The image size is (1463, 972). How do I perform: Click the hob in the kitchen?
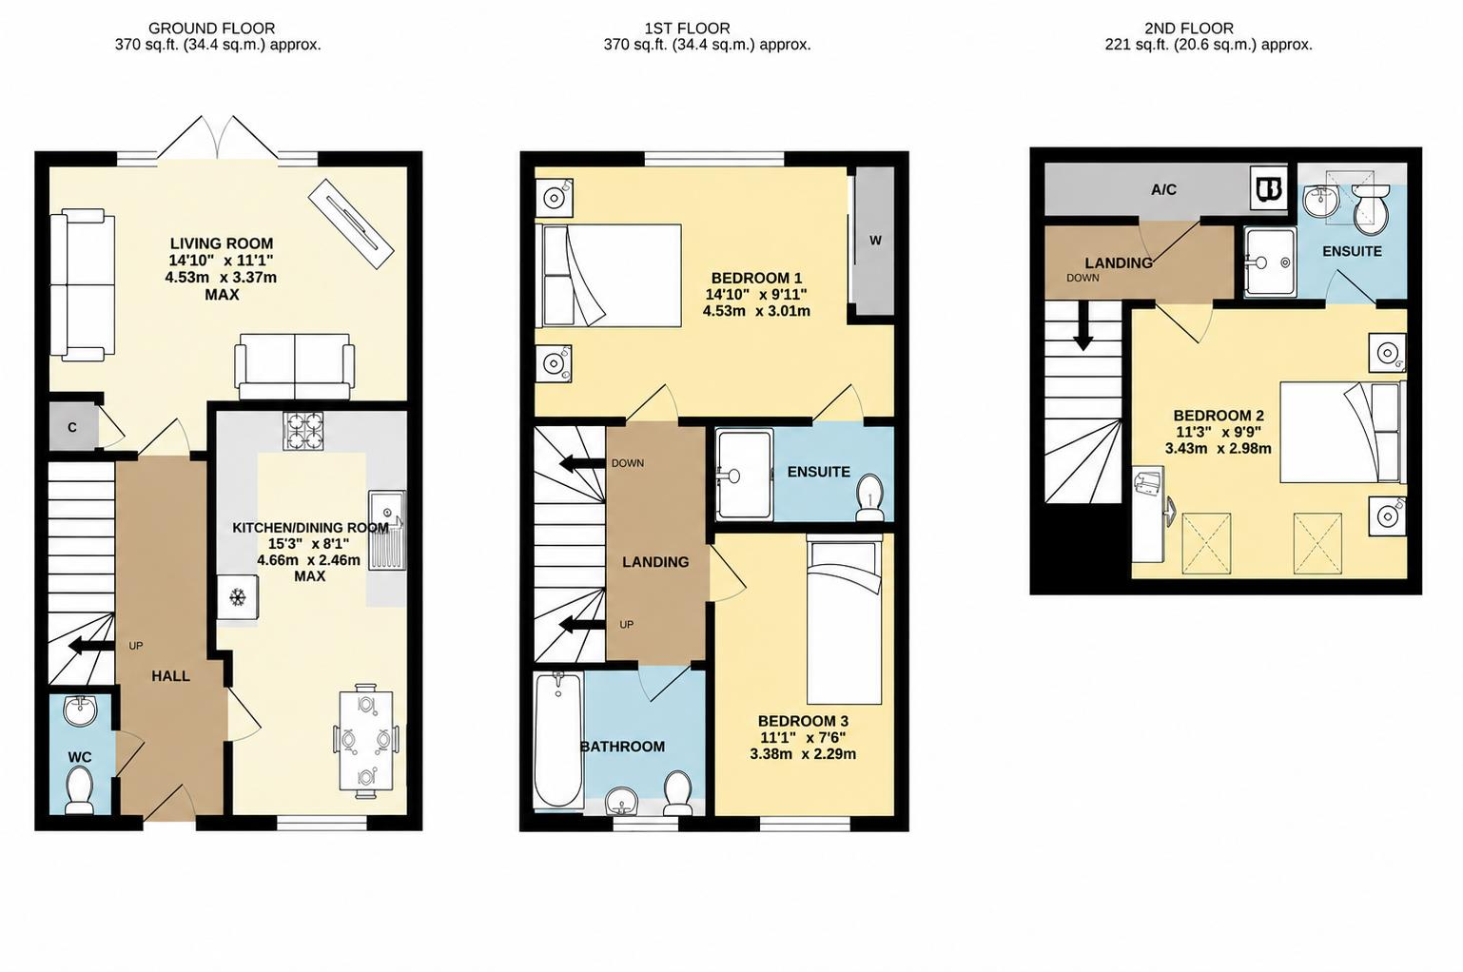coord(303,431)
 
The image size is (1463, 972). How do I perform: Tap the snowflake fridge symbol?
coord(238,597)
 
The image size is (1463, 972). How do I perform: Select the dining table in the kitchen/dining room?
coord(365,741)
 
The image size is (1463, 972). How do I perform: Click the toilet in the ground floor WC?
coord(80,789)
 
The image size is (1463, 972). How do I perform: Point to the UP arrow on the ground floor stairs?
coord(91,646)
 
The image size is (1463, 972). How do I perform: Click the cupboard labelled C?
coord(73,426)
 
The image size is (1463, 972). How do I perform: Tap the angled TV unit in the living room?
coord(351,223)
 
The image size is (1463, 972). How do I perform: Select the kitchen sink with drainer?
coord(386,529)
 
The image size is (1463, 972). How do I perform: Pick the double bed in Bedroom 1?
coord(608,275)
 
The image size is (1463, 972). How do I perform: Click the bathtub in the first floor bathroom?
coord(558,740)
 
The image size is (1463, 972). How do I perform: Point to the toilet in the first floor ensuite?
coord(869,497)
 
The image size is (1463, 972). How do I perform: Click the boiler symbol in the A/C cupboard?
coord(1268,188)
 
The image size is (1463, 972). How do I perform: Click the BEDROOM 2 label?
coord(1219,416)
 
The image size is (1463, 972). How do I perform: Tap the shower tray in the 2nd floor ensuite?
coord(1270,262)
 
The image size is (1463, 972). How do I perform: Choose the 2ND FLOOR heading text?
coord(1189,29)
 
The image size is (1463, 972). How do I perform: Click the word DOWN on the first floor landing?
coord(628,463)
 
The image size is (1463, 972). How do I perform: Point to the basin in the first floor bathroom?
coord(621,801)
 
